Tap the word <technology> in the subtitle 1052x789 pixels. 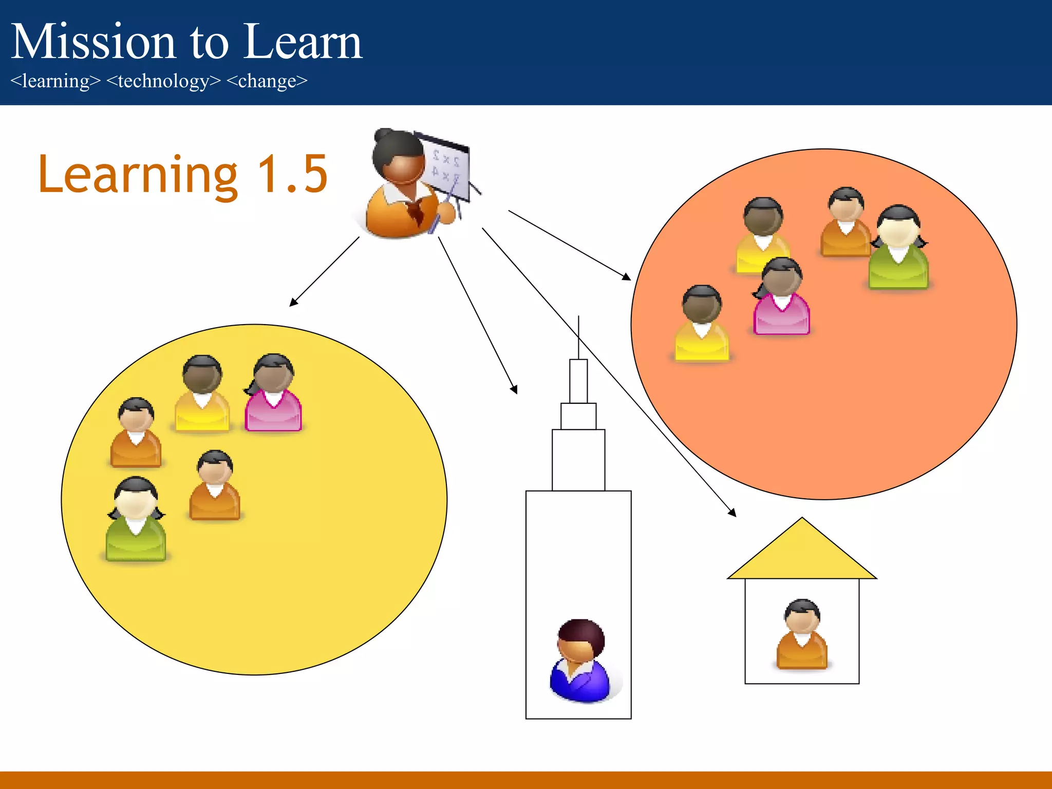tap(163, 81)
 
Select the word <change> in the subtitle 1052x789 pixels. tap(267, 81)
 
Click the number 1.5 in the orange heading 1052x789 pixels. tap(292, 175)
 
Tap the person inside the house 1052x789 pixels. tap(802, 635)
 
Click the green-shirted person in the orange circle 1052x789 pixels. tap(898, 249)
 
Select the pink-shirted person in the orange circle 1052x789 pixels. tap(781, 297)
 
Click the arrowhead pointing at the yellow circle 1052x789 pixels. tap(293, 302)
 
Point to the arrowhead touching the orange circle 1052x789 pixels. tap(626, 277)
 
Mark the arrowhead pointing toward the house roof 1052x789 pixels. tap(732, 513)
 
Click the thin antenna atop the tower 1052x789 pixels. tap(578, 337)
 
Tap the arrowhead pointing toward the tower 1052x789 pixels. tap(514, 390)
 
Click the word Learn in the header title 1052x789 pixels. tap(303, 42)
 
